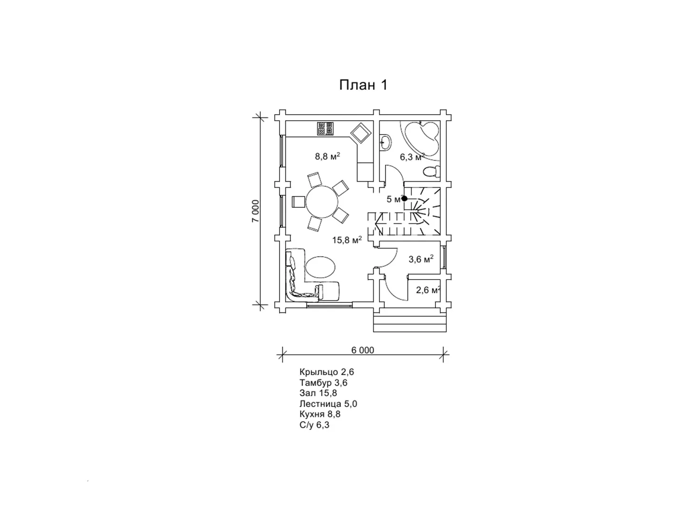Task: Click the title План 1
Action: pyautogui.click(x=363, y=85)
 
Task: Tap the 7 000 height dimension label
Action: pyautogui.click(x=255, y=211)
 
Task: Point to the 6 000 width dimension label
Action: pyautogui.click(x=363, y=350)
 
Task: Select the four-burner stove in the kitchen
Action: pyautogui.click(x=325, y=128)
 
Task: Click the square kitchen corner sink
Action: pyautogui.click(x=361, y=133)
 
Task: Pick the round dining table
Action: pyautogui.click(x=322, y=202)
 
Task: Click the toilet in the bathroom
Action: pyautogui.click(x=432, y=172)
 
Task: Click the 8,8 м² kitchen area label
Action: pyautogui.click(x=327, y=156)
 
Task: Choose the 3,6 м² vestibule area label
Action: pyautogui.click(x=421, y=259)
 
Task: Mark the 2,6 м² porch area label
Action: pyautogui.click(x=428, y=290)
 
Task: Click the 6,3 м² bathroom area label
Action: pyautogui.click(x=412, y=157)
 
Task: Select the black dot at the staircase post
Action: pyautogui.click(x=405, y=198)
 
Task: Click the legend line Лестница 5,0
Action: pyautogui.click(x=328, y=404)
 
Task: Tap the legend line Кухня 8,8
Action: pyautogui.click(x=320, y=414)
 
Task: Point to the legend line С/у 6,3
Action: pyautogui.click(x=314, y=425)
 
